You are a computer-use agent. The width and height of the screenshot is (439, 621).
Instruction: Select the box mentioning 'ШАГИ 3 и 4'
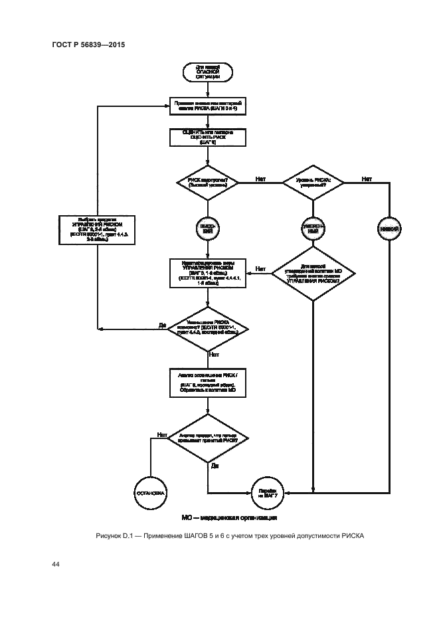[208, 107]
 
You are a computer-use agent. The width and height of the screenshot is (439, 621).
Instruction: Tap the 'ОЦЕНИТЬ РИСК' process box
[208, 137]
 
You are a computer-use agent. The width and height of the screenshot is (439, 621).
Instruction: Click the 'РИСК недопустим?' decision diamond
[208, 182]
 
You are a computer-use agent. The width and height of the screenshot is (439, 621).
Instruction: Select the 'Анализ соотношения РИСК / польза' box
[208, 383]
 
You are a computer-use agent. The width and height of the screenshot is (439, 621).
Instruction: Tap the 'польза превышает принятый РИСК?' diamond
[208, 440]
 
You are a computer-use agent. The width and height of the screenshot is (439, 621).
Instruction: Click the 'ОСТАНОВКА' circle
[151, 493]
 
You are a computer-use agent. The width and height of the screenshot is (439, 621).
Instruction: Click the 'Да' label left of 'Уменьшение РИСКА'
[162, 324]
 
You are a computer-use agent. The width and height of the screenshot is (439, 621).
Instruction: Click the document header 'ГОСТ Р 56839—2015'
[88, 44]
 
